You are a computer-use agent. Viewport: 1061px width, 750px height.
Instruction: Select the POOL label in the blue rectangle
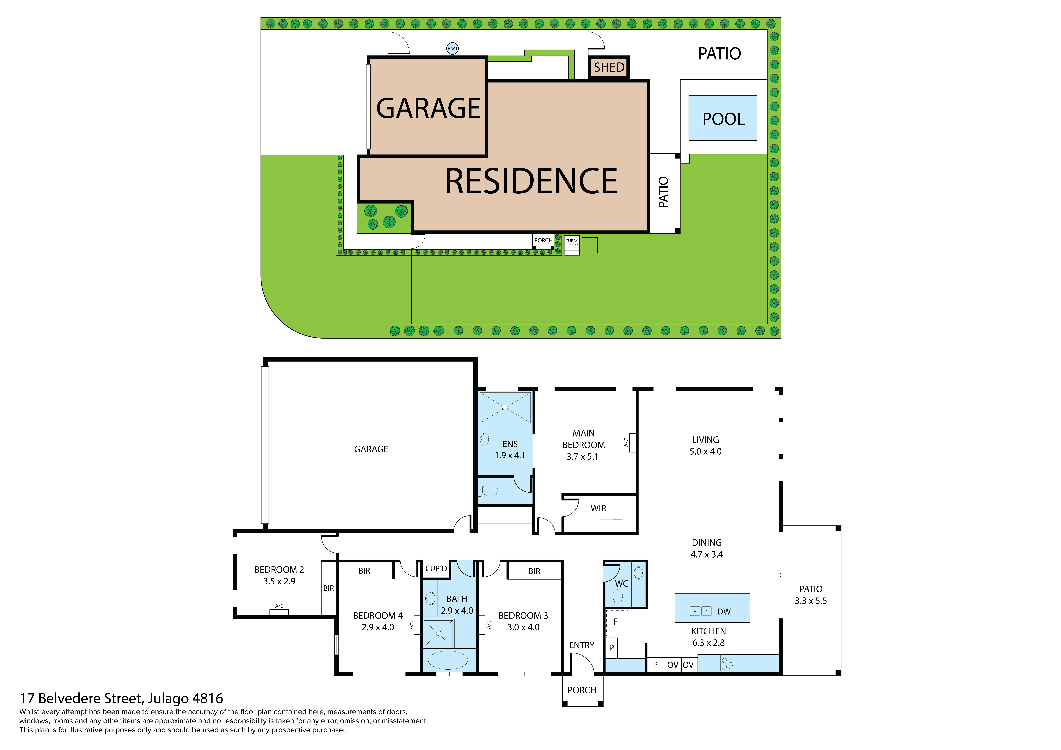[x=723, y=119]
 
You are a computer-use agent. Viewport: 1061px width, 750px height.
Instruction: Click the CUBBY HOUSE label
[x=572, y=244]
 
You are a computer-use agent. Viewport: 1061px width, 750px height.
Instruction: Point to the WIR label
[x=598, y=508]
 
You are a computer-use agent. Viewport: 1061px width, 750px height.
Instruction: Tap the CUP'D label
[x=436, y=568]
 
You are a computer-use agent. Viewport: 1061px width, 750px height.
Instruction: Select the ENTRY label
[x=581, y=645]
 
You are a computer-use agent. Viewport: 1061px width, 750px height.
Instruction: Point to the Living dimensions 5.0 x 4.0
[x=705, y=452]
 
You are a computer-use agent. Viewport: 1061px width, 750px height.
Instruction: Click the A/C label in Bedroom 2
[x=279, y=606]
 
